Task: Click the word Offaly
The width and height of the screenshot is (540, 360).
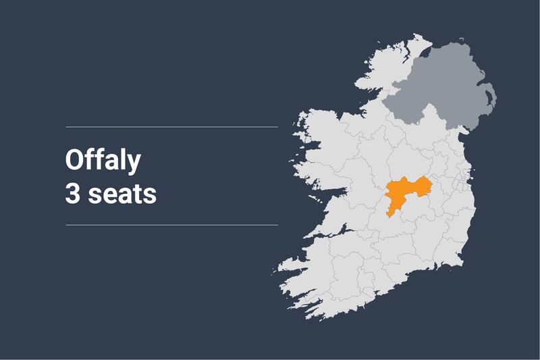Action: (103, 161)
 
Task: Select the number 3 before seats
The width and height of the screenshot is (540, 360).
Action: (72, 193)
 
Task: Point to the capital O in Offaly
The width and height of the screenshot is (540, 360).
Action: (74, 160)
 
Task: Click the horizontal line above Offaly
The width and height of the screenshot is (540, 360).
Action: (171, 126)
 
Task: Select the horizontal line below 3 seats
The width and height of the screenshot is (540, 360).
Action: (171, 225)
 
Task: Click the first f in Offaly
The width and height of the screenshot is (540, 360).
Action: (91, 160)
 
